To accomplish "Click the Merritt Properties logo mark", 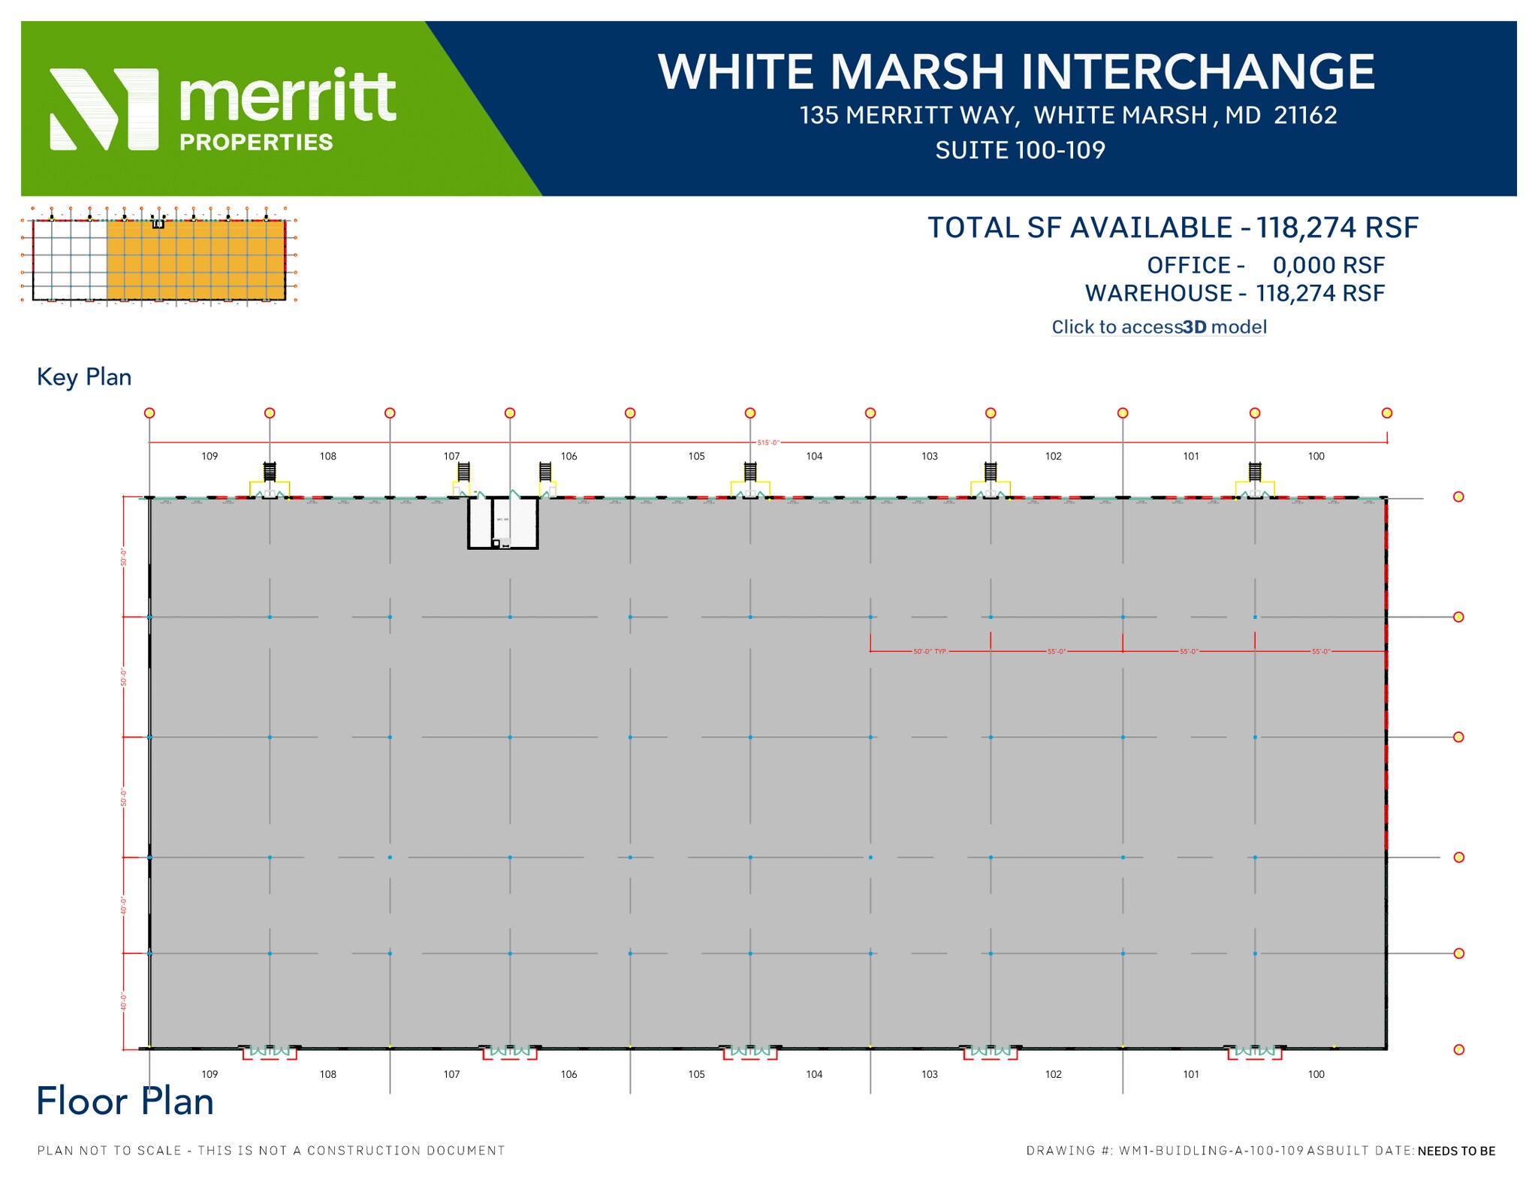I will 104,109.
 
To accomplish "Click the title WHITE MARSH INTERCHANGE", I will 1016,72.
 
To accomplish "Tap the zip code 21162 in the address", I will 1305,115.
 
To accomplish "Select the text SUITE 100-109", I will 1020,150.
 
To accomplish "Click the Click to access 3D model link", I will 1158,327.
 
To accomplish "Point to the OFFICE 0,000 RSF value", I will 1328,265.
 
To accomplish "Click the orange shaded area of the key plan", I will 195,260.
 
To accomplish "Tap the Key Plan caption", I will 84,377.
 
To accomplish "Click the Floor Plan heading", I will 125,1101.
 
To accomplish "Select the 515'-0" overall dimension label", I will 767,443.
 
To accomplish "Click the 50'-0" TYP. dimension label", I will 930,651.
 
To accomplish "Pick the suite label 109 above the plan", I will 210,456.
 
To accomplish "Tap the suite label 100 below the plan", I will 1316,1074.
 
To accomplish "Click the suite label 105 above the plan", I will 696,456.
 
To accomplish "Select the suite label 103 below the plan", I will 929,1074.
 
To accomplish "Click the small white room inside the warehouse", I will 503,522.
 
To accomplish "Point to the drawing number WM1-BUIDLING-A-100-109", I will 1211,1151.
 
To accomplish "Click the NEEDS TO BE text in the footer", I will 1456,1151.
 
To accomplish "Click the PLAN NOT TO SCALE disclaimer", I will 271,1150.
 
